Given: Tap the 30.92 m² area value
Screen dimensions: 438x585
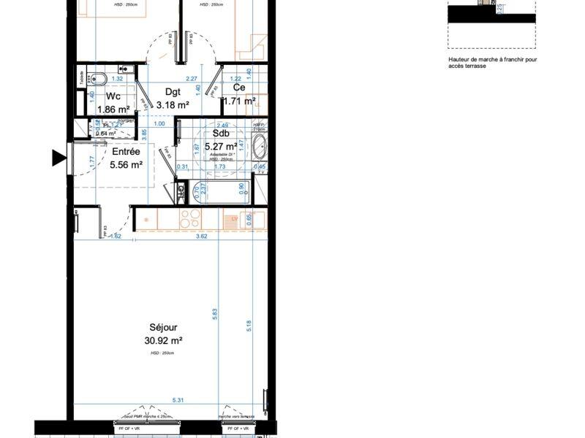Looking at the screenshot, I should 164,340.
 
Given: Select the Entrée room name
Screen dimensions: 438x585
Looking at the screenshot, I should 125,152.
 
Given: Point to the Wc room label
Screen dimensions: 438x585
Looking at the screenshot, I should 113,96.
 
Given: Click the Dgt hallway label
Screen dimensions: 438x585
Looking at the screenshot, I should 173,92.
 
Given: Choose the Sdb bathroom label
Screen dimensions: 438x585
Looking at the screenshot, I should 221,134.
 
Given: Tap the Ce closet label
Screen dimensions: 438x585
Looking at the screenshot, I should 239,88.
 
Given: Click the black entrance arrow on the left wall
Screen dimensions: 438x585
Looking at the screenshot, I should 58,157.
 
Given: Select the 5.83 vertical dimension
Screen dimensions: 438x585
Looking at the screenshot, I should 215,312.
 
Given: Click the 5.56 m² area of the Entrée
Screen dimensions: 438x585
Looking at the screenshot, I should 125,165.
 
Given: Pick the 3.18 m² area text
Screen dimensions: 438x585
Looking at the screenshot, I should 173,104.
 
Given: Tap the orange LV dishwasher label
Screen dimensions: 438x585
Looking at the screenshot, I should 235,219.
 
